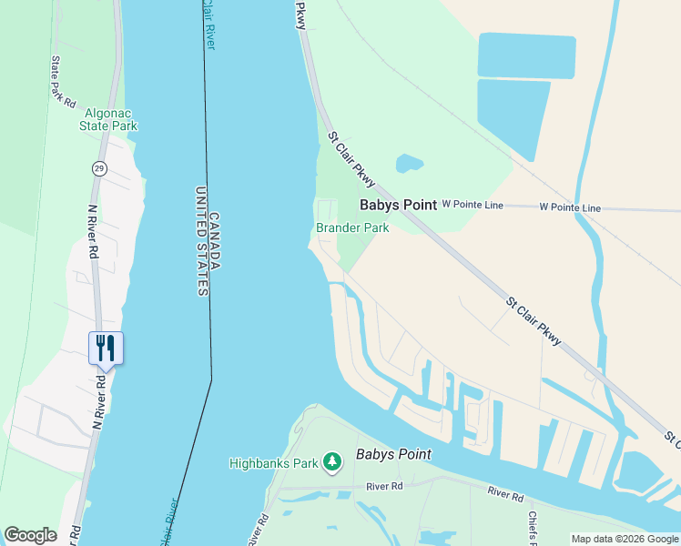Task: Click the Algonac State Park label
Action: click(x=110, y=119)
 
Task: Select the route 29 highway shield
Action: click(x=99, y=168)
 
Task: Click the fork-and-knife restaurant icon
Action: click(x=106, y=348)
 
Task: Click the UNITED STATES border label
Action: click(x=201, y=241)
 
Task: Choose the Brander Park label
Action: click(x=352, y=227)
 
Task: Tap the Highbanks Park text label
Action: click(x=273, y=463)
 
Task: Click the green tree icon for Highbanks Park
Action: click(x=332, y=463)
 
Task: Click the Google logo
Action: click(x=30, y=535)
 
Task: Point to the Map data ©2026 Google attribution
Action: click(x=625, y=539)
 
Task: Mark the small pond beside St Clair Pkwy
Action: click(x=409, y=164)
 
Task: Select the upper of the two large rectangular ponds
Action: click(x=526, y=56)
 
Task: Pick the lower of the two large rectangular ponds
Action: click(x=512, y=116)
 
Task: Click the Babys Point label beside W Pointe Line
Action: click(x=398, y=206)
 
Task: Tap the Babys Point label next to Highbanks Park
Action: click(x=393, y=454)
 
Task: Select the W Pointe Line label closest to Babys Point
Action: click(x=473, y=206)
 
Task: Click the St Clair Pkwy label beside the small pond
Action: click(x=351, y=160)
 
